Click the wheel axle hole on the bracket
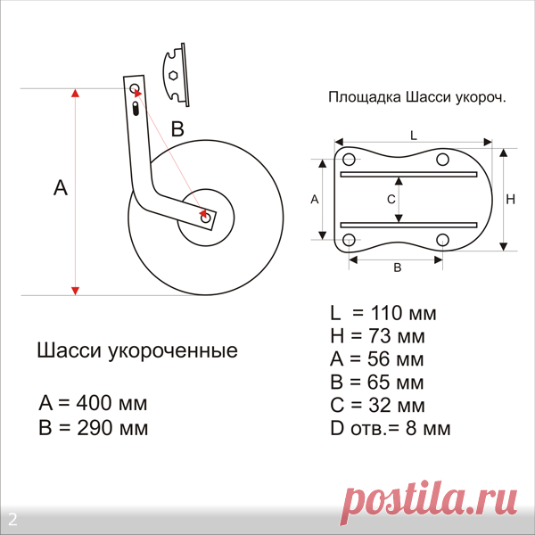click(206, 218)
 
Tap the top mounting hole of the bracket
click(135, 88)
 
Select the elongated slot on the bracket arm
click(136, 109)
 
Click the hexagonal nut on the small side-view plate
click(173, 76)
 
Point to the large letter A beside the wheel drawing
click(61, 187)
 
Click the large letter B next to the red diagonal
click(177, 129)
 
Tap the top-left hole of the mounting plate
click(349, 160)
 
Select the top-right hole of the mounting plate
click(442, 160)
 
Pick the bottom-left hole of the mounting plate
click(349, 240)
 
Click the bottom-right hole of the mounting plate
click(442, 240)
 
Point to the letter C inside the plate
click(391, 199)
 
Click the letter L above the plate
click(414, 136)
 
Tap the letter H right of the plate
click(510, 199)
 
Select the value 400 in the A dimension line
click(95, 403)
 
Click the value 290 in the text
click(95, 427)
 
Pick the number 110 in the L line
click(388, 313)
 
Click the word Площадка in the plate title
click(365, 97)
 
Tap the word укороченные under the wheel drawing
click(173, 350)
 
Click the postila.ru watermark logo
click(429, 503)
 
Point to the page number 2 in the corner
click(12, 520)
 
